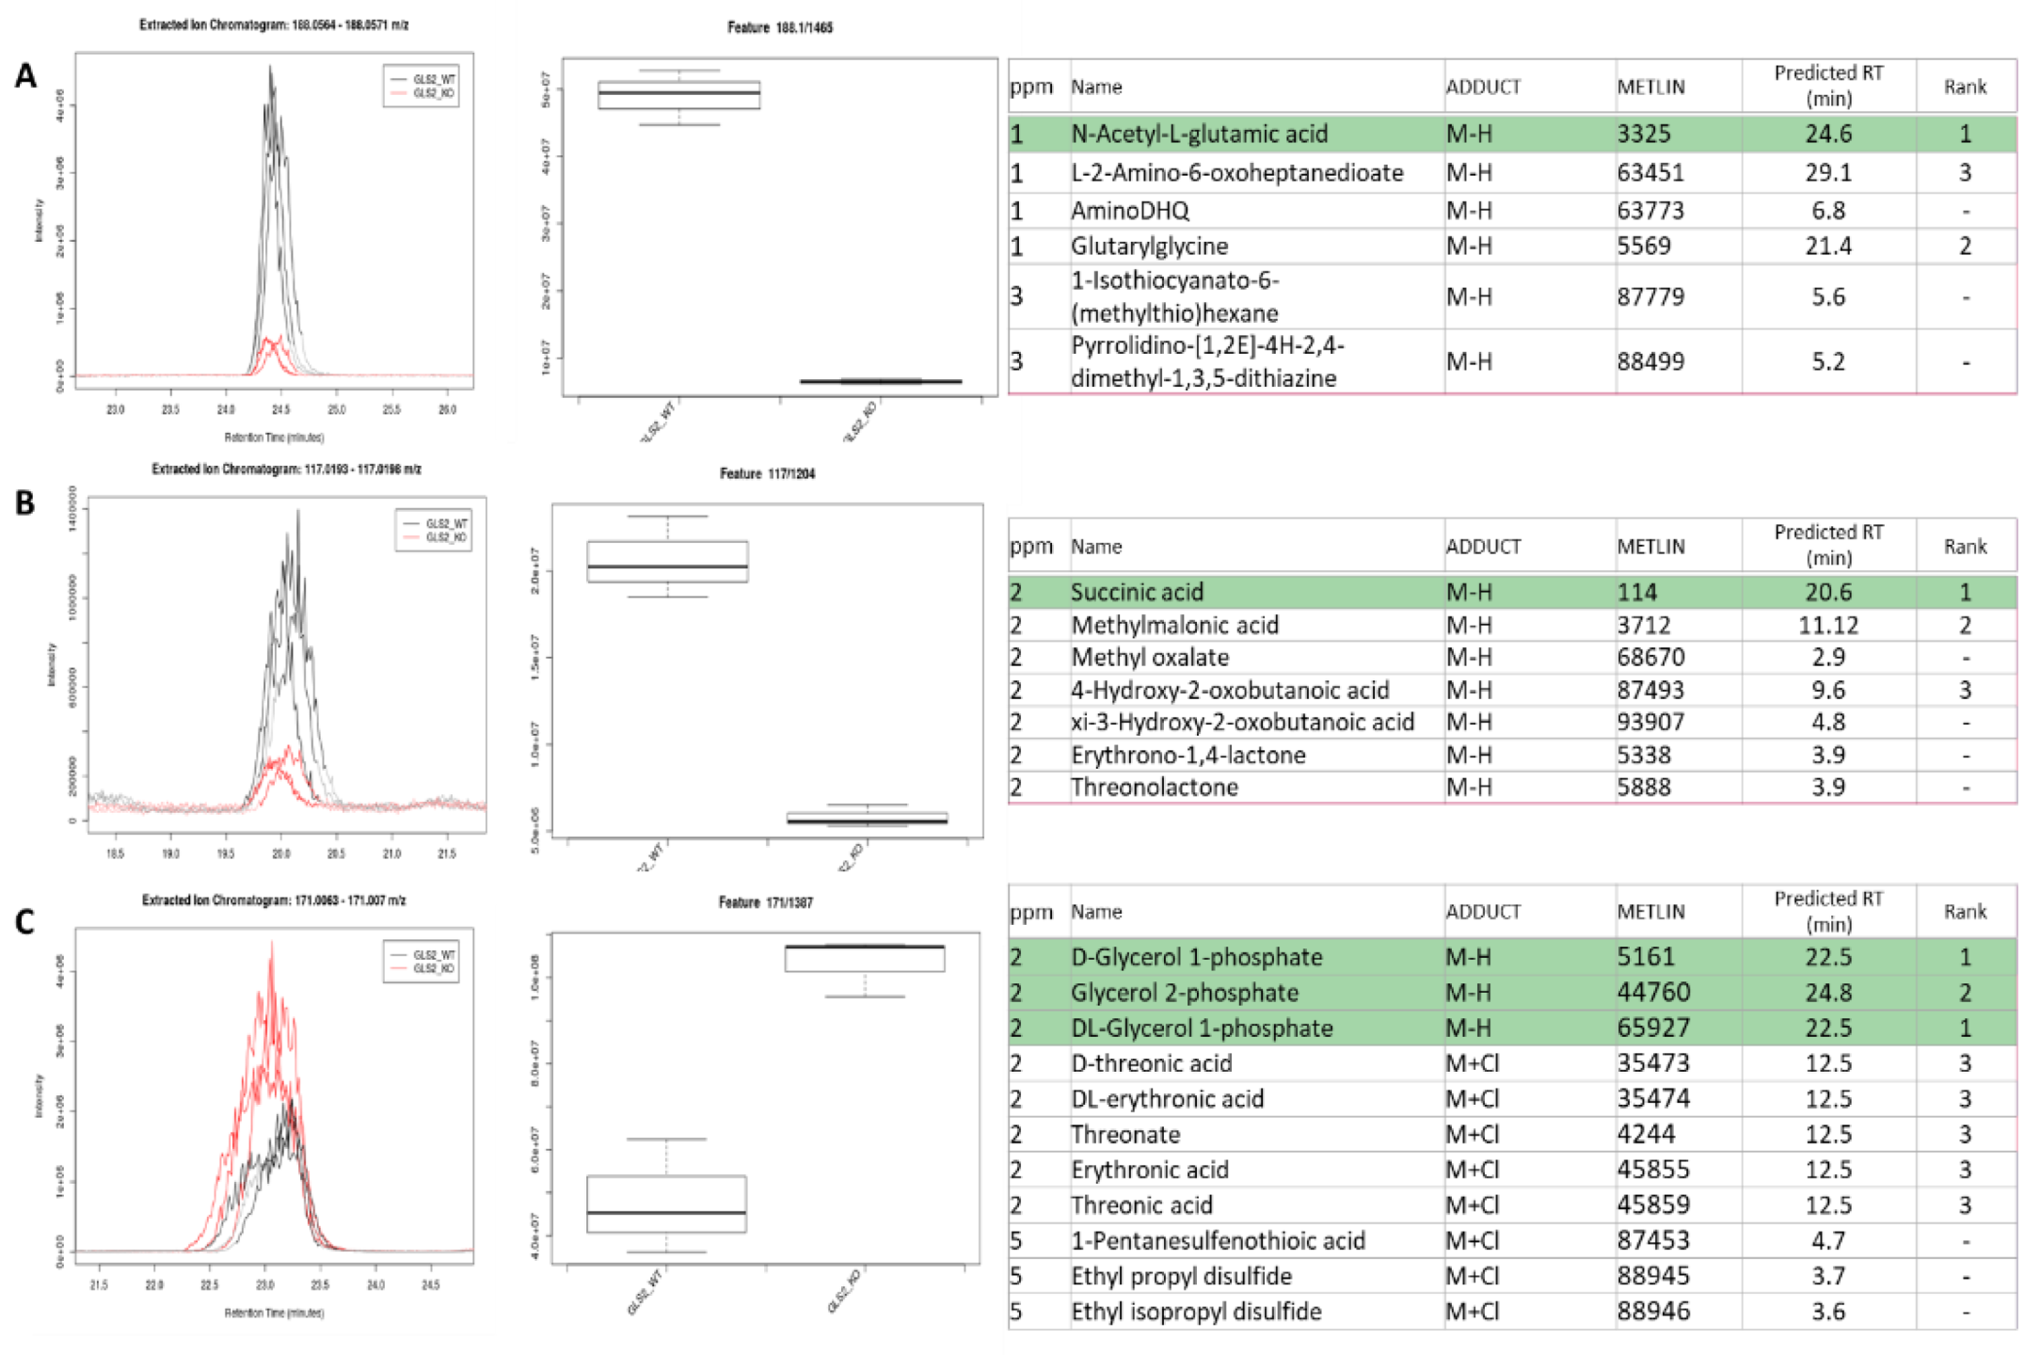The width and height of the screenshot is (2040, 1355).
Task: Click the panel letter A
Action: click(x=25, y=75)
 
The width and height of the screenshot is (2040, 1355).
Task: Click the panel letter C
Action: click(x=24, y=921)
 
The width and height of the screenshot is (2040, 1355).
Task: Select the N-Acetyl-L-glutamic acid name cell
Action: click(x=1199, y=134)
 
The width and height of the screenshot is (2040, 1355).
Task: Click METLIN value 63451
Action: click(x=1650, y=173)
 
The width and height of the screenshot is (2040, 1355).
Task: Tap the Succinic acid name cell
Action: click(x=1137, y=592)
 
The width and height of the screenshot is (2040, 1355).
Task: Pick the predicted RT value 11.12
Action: click(x=1827, y=625)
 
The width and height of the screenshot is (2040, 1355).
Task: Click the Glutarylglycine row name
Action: click(x=1149, y=246)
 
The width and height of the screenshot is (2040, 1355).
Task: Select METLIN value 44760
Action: click(x=1653, y=993)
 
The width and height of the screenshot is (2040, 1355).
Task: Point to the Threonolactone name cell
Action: click(x=1154, y=787)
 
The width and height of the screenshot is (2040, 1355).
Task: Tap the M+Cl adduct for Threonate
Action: click(x=1473, y=1134)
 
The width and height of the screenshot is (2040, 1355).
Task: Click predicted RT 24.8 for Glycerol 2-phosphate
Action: click(x=1827, y=993)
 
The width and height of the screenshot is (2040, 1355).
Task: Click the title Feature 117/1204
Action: click(x=767, y=473)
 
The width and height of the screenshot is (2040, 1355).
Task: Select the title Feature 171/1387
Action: click(x=765, y=902)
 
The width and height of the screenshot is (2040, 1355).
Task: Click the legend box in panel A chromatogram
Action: click(x=421, y=86)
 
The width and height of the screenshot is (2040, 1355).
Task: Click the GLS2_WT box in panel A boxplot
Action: click(x=678, y=95)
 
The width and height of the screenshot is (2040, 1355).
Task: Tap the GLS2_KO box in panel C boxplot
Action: click(x=864, y=958)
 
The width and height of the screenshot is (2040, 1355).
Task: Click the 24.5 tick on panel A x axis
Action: click(x=280, y=409)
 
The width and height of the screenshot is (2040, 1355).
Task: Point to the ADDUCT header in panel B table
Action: click(x=1483, y=547)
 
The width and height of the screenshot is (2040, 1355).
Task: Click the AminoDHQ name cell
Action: click(x=1129, y=210)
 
